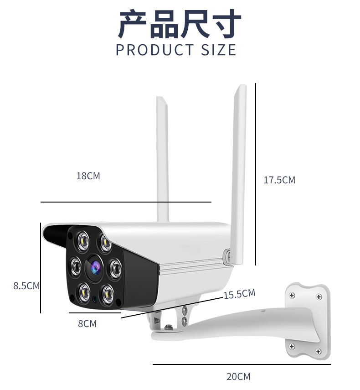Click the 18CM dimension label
[88, 176]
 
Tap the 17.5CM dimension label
[279, 180]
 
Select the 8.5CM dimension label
[26, 286]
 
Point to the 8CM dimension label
[87, 323]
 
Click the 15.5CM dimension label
[240, 294]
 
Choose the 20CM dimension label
[238, 377]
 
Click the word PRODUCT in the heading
[155, 50]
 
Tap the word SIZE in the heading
[218, 50]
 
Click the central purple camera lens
[95, 268]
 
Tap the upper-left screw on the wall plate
[292, 296]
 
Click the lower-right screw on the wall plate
[318, 351]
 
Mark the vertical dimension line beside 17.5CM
[256, 174]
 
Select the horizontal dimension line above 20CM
[242, 364]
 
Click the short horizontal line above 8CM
[95, 312]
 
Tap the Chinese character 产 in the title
[133, 24]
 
